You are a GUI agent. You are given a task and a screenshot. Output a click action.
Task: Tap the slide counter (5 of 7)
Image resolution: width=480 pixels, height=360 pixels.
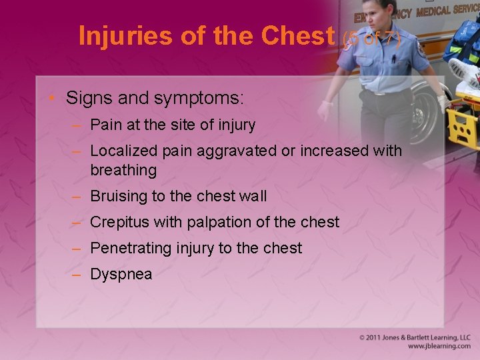click(x=371, y=39)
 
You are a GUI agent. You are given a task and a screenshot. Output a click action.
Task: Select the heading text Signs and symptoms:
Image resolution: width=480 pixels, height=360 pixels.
click(x=155, y=99)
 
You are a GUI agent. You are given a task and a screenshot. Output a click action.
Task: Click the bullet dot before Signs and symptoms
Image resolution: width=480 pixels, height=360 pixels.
click(x=54, y=99)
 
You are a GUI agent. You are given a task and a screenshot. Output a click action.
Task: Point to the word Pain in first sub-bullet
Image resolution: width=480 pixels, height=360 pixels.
click(x=105, y=125)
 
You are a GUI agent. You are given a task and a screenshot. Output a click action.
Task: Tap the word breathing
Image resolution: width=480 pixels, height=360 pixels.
click(x=123, y=170)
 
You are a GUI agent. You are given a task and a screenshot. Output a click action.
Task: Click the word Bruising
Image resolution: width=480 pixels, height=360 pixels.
click(x=118, y=196)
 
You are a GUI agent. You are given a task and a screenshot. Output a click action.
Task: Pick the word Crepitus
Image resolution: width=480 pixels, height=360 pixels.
click(x=119, y=222)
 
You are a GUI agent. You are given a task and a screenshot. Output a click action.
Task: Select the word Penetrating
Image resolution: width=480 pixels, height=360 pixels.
click(x=131, y=248)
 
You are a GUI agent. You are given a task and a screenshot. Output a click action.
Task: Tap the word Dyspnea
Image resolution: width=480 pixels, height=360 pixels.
click(x=121, y=274)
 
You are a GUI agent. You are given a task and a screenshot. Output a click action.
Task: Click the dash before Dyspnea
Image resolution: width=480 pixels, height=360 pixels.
click(x=78, y=274)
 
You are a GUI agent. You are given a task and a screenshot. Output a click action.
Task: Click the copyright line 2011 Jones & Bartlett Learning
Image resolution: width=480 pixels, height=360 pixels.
click(x=415, y=338)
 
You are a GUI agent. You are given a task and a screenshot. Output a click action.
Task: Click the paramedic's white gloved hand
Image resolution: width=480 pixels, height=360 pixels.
click(x=327, y=110)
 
